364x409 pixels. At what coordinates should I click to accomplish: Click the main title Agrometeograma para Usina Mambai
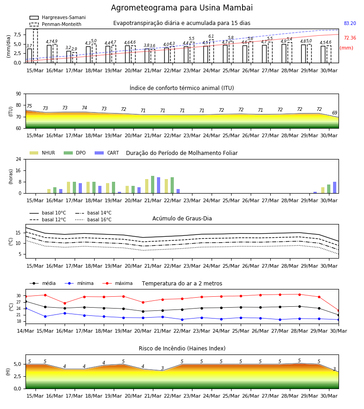182,8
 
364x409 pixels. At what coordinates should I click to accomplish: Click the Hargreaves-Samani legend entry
57,17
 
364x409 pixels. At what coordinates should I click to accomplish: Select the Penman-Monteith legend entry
56,24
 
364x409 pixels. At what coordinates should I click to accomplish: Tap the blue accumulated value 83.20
350,23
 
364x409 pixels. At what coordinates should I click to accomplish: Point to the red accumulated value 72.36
350,38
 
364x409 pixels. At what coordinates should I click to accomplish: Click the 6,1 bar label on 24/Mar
211,36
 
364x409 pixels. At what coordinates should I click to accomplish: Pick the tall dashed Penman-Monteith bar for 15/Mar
35,46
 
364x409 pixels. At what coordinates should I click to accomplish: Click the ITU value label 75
29,106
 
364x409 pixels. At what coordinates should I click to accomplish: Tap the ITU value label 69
335,113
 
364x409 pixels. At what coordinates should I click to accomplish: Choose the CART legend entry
106,153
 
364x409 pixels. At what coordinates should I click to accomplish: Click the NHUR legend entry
42,153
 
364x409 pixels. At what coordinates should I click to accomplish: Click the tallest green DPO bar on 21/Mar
153,185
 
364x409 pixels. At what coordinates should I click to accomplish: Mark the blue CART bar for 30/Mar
335,188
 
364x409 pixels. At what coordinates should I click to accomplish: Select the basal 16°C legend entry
93,219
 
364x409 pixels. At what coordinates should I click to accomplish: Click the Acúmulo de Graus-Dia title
182,218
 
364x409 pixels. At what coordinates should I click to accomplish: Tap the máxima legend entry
117,283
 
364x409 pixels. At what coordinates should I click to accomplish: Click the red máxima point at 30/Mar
339,311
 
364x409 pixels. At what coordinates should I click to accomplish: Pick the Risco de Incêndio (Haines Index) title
182,348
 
